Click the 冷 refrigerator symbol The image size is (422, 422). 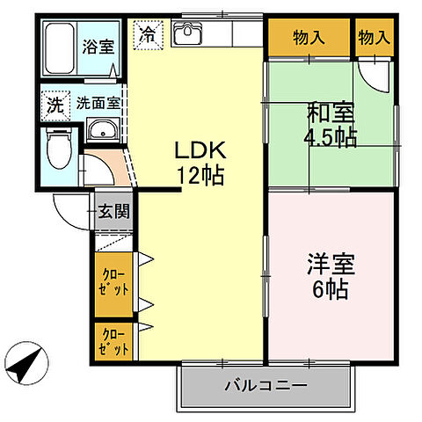(x=148, y=36)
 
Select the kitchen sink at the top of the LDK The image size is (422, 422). (x=188, y=36)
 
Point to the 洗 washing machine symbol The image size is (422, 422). (x=55, y=104)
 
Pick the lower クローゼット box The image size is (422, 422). (x=114, y=340)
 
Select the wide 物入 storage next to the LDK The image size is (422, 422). (x=309, y=38)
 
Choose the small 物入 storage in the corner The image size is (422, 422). (x=375, y=38)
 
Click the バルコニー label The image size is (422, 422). (x=265, y=385)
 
